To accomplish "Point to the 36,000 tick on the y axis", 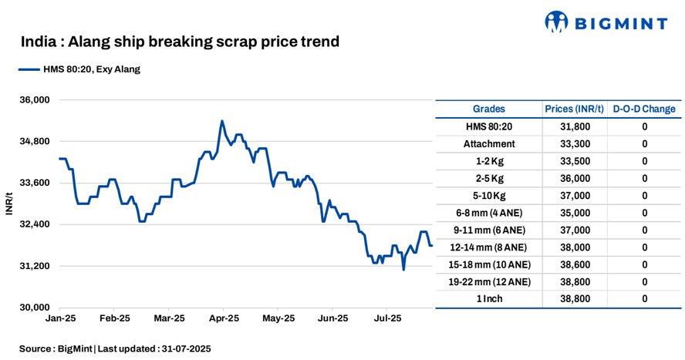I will (x=34, y=100).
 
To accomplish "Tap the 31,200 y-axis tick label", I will (x=34, y=266).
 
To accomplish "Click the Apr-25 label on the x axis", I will (x=224, y=318).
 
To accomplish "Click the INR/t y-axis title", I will (x=9, y=204).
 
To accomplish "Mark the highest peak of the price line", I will (x=221, y=121).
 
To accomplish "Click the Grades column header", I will (x=489, y=109).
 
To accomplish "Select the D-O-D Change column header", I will (x=644, y=109).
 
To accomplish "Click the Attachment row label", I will (x=489, y=143).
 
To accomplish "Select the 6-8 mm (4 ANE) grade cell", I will (x=489, y=213).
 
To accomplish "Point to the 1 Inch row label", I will (x=489, y=298).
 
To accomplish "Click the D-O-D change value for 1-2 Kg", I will (x=644, y=161).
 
